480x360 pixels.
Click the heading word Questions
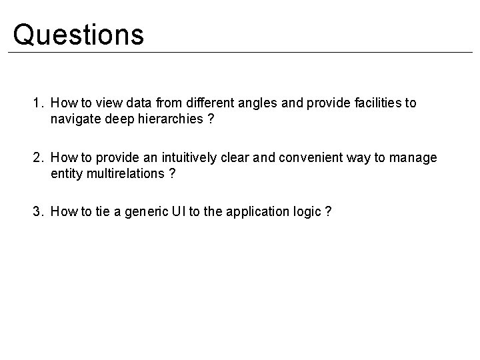coord(78,35)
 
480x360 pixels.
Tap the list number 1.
coord(37,103)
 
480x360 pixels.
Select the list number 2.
coord(37,157)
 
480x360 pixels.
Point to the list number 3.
coord(37,211)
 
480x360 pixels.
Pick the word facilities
coord(376,103)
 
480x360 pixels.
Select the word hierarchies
coord(170,119)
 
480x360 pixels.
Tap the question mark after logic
coord(328,211)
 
